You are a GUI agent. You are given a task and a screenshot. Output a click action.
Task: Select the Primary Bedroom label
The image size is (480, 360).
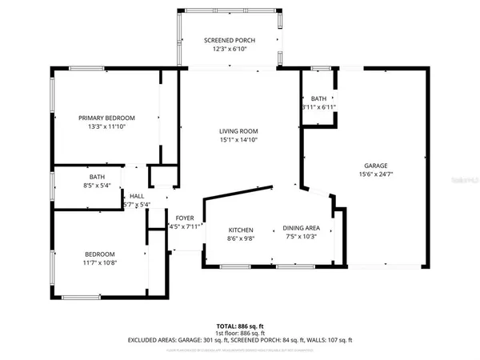click(x=107, y=117)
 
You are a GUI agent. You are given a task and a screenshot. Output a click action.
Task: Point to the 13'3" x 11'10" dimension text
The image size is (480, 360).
click(x=107, y=126)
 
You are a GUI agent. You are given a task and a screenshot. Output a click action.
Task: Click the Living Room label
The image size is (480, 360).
click(x=239, y=131)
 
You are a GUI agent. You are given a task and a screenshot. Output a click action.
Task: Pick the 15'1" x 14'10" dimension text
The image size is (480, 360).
click(x=239, y=140)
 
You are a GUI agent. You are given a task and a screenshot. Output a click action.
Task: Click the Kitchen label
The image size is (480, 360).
click(x=241, y=228)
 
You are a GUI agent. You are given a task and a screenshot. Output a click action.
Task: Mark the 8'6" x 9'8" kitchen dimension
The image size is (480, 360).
click(x=241, y=237)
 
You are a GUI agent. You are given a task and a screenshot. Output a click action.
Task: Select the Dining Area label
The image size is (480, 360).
click(x=302, y=228)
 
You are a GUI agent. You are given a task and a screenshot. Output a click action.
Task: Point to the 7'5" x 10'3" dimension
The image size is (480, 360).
click(x=302, y=237)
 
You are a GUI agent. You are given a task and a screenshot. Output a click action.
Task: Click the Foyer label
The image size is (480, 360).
click(x=185, y=218)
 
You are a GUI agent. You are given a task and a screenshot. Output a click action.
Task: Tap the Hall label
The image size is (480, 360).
click(x=137, y=196)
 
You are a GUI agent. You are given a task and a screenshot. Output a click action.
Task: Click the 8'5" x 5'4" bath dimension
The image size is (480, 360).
click(x=98, y=186)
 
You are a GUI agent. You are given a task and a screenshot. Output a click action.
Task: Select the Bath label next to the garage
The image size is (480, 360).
click(x=318, y=98)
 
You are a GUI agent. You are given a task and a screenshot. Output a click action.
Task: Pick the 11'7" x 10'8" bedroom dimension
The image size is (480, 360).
click(x=100, y=262)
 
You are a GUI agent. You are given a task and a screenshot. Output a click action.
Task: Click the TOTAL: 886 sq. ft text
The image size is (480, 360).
click(x=239, y=326)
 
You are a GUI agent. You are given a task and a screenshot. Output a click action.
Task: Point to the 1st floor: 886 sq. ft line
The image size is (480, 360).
click(x=239, y=333)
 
